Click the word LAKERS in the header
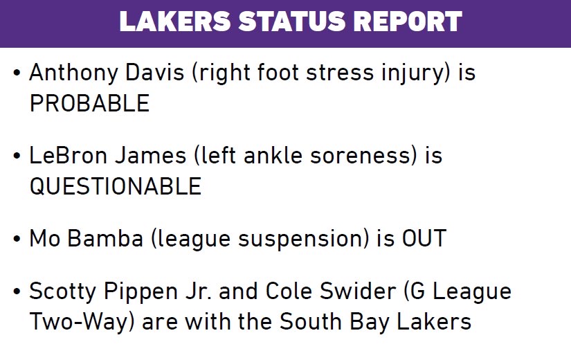coord(175,21)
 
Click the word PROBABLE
coord(89,103)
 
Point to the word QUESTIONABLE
coord(116,186)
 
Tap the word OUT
coord(424,239)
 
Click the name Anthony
coord(73,73)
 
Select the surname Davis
coord(155,72)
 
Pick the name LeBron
coord(69,156)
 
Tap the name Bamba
coord(105,239)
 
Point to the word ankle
coord(273,156)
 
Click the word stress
coord(340,73)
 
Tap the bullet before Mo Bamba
coord(17,240)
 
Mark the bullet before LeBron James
coord(17,156)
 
